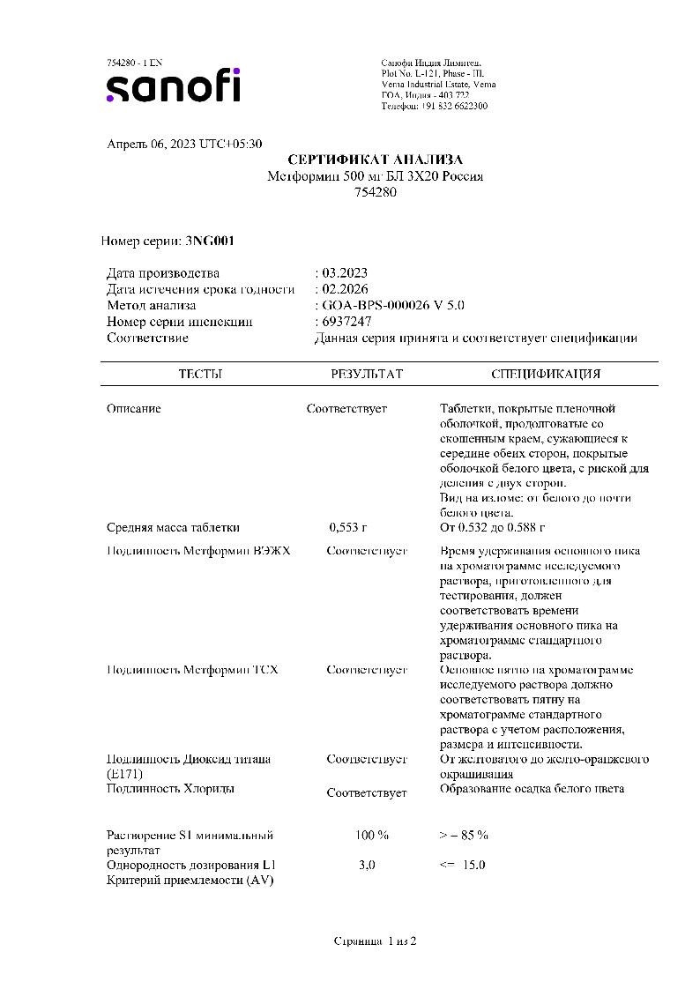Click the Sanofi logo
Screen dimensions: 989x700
point(173,86)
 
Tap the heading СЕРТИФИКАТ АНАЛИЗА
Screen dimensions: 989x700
point(375,160)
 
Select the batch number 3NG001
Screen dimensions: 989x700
point(210,240)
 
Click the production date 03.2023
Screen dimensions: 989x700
point(345,273)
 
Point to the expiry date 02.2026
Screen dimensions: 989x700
point(345,289)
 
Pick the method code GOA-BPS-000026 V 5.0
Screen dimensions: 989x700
point(392,305)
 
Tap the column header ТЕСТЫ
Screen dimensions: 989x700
point(200,374)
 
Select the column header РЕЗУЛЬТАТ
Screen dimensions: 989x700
point(367,374)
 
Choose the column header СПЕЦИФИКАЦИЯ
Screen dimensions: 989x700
point(547,374)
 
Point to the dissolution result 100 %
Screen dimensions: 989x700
point(371,835)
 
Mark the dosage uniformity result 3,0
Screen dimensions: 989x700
point(367,865)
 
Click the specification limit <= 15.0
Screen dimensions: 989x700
point(462,865)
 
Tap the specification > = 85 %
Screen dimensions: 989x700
point(464,835)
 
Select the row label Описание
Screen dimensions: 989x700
point(134,409)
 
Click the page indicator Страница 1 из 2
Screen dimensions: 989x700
point(375,941)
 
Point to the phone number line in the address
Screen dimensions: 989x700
point(434,106)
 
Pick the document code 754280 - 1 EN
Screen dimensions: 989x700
point(134,63)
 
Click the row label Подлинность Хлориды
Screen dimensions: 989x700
point(171,789)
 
